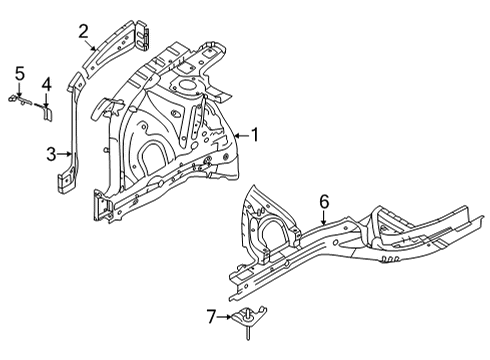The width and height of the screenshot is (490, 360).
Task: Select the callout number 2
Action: [x=85, y=29]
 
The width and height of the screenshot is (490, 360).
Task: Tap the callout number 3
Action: [x=51, y=153]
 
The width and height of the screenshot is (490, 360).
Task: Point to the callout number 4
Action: [x=46, y=83]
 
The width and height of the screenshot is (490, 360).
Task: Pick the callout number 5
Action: [x=18, y=72]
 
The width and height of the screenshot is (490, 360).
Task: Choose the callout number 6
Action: [x=323, y=202]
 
